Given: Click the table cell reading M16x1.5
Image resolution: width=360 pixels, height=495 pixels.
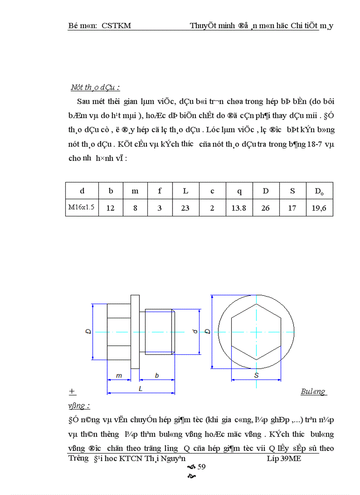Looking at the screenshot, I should point(82,207).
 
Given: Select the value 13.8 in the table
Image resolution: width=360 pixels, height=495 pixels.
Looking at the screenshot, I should point(239,208).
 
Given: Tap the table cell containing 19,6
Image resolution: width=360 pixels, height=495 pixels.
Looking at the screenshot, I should point(319,208).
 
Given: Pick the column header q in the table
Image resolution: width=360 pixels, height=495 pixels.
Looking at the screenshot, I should point(239,191).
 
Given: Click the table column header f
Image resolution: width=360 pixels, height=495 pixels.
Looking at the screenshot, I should point(160,191).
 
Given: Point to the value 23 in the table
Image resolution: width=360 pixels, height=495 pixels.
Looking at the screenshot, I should point(186,208).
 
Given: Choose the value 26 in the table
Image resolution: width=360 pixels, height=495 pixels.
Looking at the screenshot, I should point(265,208).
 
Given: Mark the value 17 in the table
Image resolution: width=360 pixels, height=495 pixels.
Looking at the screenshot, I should point(292,208).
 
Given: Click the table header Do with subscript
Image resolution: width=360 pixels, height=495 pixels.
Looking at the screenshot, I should point(319,192).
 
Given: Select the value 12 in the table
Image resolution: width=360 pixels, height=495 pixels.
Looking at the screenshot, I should point(110,208).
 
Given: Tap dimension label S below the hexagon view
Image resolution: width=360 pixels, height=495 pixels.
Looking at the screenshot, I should point(256,375).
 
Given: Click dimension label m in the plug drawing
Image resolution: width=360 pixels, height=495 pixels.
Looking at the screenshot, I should point(119,375).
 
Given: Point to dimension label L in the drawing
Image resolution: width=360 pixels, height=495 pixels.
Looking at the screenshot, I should point(140,389).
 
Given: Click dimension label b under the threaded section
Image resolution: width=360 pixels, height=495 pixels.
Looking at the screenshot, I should point(157,375).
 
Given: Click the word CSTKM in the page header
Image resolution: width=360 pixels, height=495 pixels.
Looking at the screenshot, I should point(116,26).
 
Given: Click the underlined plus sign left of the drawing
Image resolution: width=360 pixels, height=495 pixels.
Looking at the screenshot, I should point(72,391).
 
